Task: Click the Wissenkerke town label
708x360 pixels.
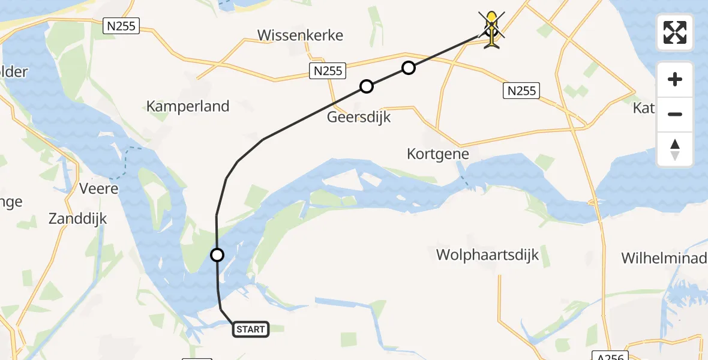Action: click(300, 35)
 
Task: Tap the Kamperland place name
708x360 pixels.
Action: click(188, 107)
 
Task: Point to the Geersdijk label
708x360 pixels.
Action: click(359, 117)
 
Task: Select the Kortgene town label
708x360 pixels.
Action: click(438, 154)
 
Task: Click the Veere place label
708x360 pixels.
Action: click(99, 188)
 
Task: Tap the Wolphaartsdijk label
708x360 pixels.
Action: click(487, 255)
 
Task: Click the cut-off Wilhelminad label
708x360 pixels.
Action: click(663, 259)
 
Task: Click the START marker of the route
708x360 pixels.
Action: click(250, 329)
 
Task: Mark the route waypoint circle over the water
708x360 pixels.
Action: click(217, 255)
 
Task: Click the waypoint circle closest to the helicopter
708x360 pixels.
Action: click(408, 68)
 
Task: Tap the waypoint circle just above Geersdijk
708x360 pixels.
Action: click(367, 86)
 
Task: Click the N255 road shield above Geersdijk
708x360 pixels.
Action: click(328, 71)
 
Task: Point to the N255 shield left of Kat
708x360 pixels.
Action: click(520, 91)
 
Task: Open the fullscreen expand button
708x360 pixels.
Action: click(675, 32)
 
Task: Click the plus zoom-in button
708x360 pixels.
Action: click(675, 79)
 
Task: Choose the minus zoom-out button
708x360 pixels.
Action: click(675, 114)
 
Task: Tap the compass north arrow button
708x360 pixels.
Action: click(675, 149)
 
